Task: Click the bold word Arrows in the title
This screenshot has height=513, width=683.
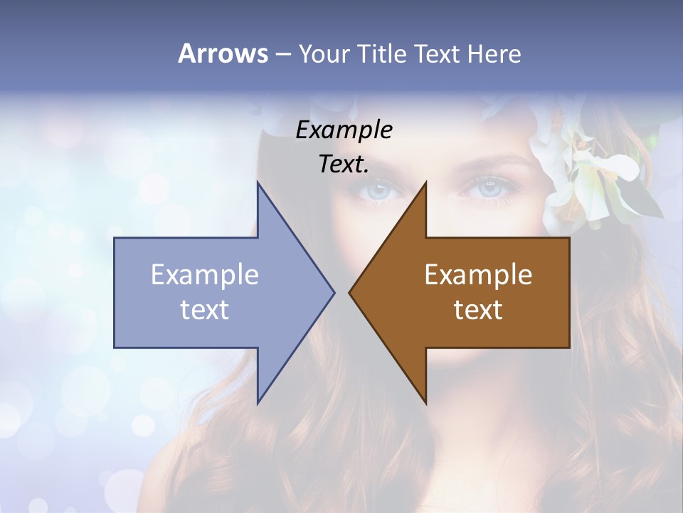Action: point(223,53)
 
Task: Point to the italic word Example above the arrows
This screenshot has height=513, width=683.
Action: point(344,130)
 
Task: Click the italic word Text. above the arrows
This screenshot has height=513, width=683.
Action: point(344,165)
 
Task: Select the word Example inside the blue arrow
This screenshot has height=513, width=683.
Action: point(205,274)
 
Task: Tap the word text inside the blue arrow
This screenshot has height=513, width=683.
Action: point(205,309)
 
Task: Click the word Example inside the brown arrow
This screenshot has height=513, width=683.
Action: point(478,274)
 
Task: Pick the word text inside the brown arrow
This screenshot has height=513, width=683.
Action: point(478,309)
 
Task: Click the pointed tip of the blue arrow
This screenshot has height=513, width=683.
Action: point(334,291)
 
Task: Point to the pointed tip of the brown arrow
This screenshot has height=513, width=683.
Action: point(350,291)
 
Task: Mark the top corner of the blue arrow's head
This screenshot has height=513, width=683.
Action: point(258,183)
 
